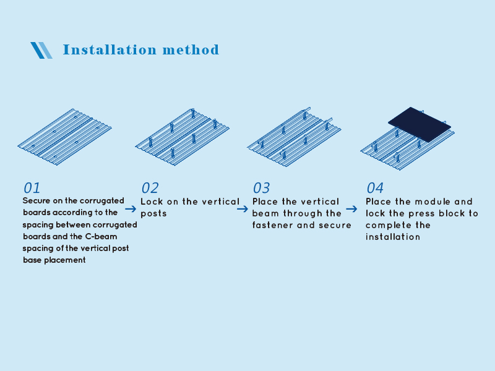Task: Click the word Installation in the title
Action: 110,50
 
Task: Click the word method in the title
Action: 191,50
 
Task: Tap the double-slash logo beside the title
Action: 41,50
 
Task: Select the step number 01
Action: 32,188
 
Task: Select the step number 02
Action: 150,188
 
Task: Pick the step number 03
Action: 261,188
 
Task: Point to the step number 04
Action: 375,188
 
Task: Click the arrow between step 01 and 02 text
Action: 131,209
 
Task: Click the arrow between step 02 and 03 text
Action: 243,209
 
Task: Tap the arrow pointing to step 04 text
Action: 351,209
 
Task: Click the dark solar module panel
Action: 420,124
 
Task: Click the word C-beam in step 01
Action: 101,237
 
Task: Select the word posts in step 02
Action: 153,213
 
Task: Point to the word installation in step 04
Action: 393,237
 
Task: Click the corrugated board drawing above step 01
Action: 65,137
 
